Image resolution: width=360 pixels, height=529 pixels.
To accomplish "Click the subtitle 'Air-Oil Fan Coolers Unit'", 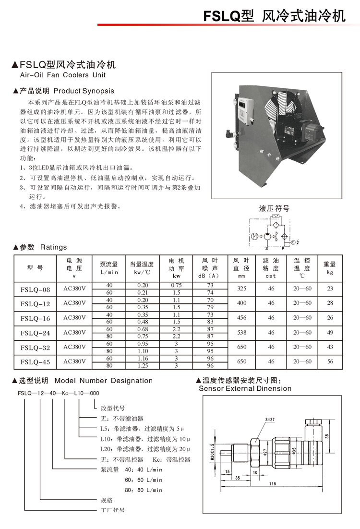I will point(62,75).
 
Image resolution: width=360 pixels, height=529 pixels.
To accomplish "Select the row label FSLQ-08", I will point(36,289).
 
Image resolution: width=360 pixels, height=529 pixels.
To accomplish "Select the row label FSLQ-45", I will point(36,361).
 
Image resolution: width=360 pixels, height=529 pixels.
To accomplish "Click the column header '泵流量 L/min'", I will point(109,268).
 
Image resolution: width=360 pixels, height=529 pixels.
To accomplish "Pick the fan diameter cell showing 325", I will point(241,289).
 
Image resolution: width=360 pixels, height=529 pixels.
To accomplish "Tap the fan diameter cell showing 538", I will point(241,332).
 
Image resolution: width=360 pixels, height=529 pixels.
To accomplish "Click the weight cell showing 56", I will point(330,361).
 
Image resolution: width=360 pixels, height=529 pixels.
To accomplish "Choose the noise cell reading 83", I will point(210,321).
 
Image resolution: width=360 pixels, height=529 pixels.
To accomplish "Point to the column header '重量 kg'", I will point(330,268).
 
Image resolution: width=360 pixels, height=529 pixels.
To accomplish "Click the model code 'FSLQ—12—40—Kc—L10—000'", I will point(58,393).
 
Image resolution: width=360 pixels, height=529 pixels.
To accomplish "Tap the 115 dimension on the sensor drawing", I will point(272,483).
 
